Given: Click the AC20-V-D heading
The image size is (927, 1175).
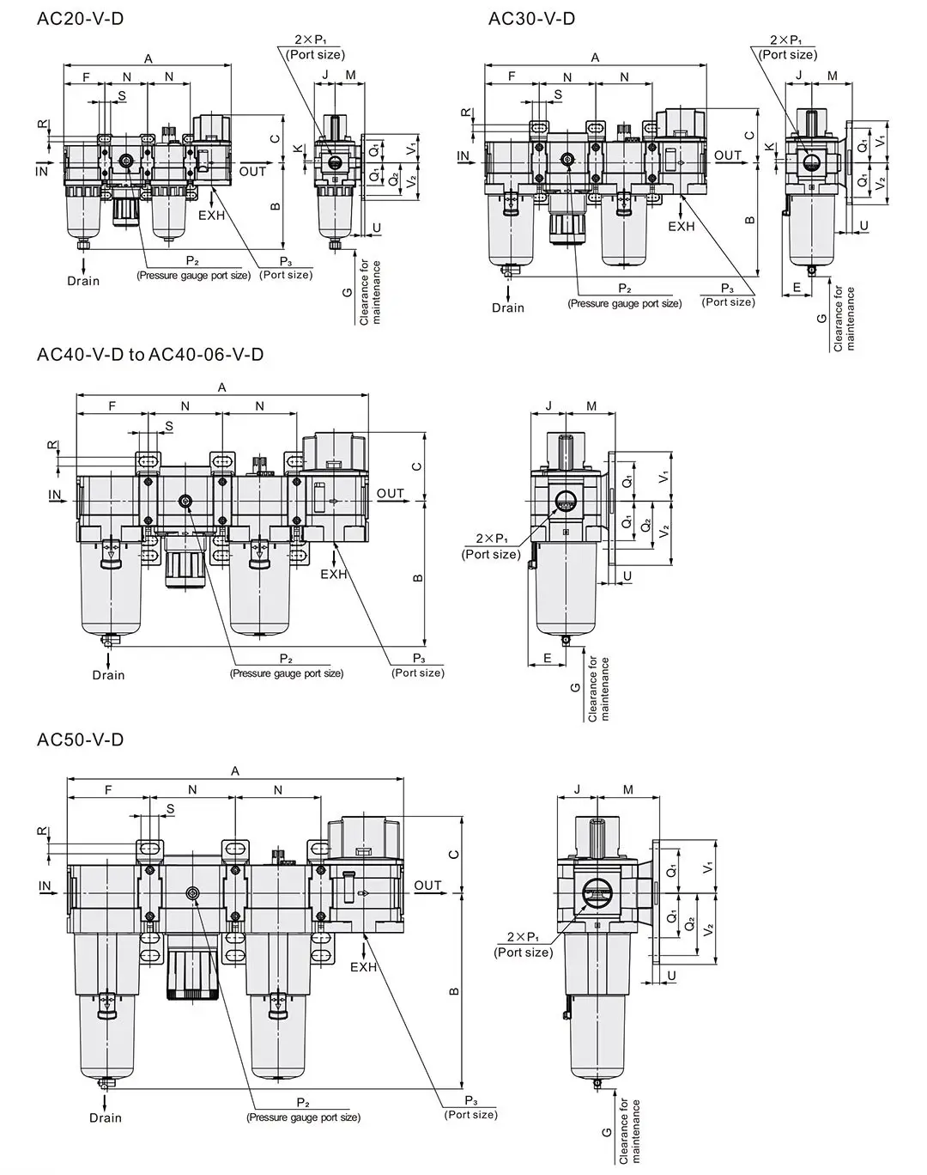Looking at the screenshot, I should click(x=81, y=18).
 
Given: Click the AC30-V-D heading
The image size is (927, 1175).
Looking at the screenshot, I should click(x=531, y=18).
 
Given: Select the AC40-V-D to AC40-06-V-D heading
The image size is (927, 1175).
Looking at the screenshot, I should click(x=150, y=354).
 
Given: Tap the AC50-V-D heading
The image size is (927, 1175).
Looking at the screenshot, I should click(x=81, y=740).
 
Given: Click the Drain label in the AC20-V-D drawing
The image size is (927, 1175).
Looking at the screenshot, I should click(x=83, y=281).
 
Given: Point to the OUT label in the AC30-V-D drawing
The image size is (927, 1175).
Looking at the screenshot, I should click(x=727, y=155).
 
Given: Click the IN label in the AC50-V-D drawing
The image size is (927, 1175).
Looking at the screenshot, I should click(x=45, y=886).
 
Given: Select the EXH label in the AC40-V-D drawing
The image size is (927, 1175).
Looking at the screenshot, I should click(x=334, y=574).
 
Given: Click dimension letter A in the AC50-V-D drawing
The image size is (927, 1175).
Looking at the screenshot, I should click(x=235, y=771).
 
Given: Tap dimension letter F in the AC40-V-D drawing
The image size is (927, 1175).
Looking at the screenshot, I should click(x=112, y=406).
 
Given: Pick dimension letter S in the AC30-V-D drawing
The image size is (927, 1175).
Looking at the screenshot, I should click(x=558, y=94).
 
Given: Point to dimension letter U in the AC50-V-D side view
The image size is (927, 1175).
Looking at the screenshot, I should click(x=671, y=976).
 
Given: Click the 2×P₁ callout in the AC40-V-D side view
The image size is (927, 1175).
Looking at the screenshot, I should click(x=491, y=546).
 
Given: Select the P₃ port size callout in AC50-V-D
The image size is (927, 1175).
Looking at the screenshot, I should click(x=470, y=1108).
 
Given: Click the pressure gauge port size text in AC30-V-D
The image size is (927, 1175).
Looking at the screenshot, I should click(x=624, y=303).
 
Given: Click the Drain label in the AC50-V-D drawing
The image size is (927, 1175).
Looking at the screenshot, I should click(x=106, y=1117).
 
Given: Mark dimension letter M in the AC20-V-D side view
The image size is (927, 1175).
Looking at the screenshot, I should click(x=350, y=76).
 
